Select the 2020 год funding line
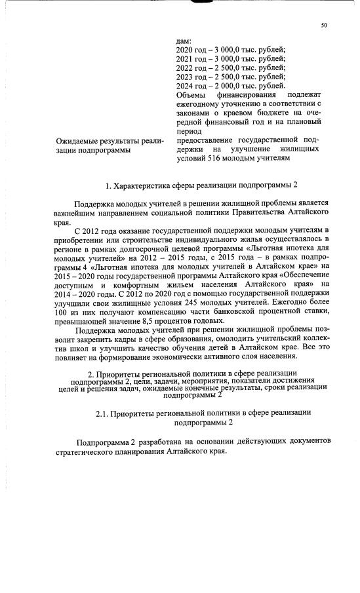tap(231, 50)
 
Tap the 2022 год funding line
tap(231, 67)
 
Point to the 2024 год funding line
tap(231, 85)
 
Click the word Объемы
tap(193, 94)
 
